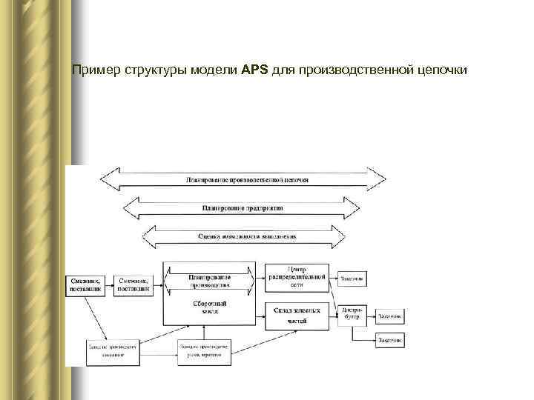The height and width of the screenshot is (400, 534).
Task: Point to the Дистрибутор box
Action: pyautogui.click(x=353, y=315)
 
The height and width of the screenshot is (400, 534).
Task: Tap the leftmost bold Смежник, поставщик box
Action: pyautogui.click(x=88, y=284)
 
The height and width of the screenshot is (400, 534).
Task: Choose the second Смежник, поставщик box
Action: pyautogui.click(x=135, y=284)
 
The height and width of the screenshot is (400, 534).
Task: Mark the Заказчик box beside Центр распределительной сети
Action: pyautogui.click(x=352, y=279)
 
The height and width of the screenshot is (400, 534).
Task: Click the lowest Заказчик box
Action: pyautogui.click(x=389, y=340)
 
